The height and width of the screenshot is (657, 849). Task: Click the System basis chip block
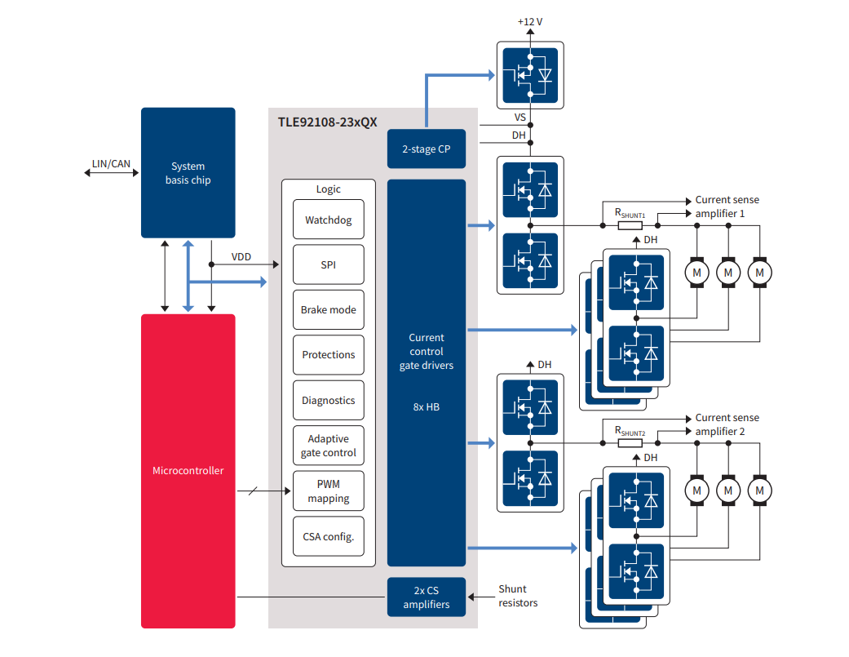[188, 172]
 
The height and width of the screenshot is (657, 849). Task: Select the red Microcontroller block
[188, 471]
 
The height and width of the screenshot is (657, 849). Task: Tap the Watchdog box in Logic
[329, 220]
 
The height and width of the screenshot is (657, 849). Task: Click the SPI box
[329, 264]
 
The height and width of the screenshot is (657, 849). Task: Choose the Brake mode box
[329, 310]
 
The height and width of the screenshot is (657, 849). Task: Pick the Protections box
[329, 355]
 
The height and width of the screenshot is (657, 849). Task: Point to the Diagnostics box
[329, 401]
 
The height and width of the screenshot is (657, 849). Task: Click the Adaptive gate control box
[329, 446]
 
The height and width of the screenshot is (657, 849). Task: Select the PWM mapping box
[329, 491]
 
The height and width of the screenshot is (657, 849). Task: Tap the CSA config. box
[329, 536]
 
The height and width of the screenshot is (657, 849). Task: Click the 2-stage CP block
[426, 149]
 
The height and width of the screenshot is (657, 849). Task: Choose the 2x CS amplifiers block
[426, 597]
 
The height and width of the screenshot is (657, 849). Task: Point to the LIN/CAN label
[111, 164]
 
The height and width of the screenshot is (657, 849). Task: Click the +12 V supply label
[529, 21]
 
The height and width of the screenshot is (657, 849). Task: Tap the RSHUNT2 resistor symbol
[630, 443]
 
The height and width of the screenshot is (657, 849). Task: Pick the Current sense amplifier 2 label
[726, 424]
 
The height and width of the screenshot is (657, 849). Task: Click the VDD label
[241, 257]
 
